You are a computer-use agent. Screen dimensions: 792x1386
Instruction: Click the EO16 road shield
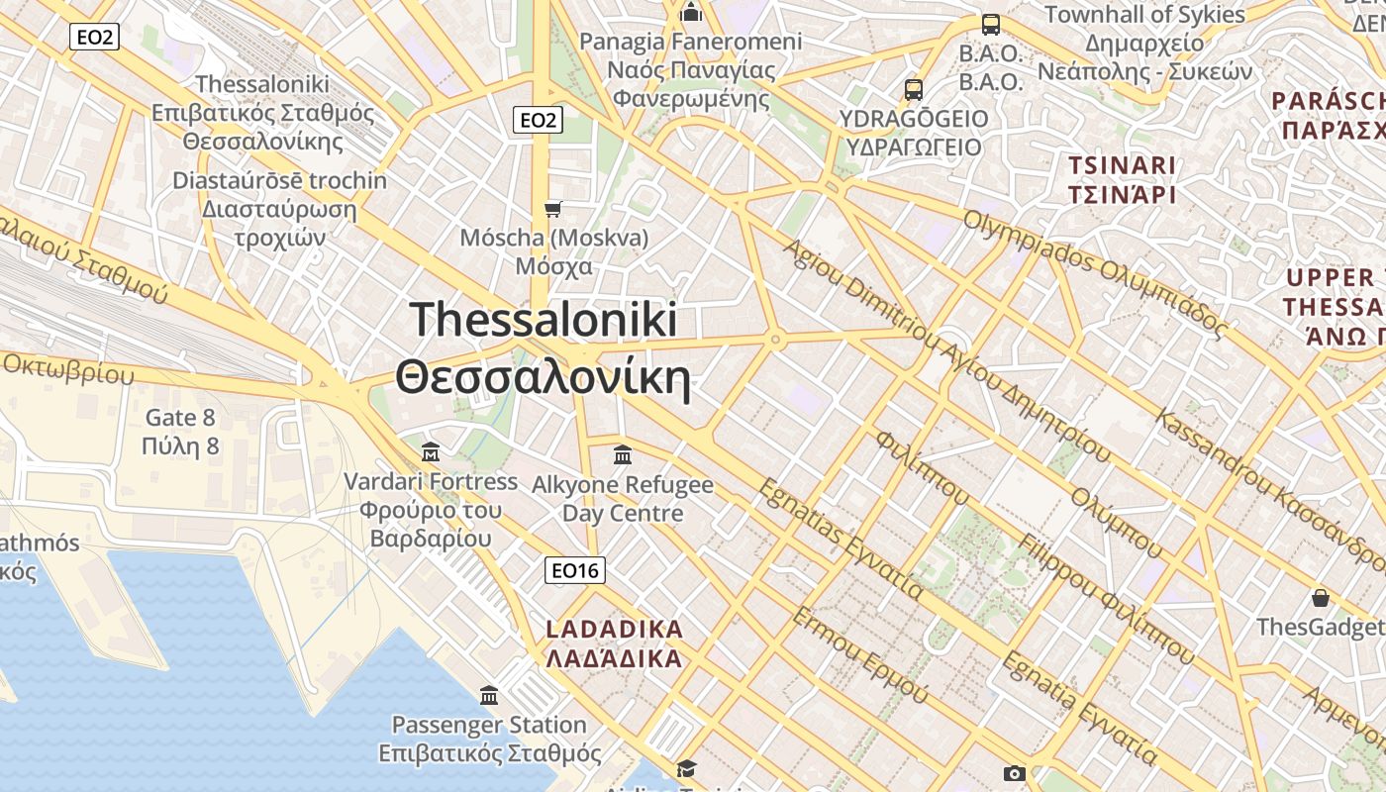[575, 570]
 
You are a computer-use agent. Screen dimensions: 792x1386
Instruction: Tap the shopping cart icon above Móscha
[553, 209]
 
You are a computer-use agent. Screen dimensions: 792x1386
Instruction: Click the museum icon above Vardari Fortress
[431, 452]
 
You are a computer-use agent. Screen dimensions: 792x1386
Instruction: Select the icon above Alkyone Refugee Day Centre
[623, 454]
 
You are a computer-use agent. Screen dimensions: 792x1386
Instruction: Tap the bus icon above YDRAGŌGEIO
[913, 90]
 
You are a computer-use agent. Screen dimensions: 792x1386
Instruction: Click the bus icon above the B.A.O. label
[990, 25]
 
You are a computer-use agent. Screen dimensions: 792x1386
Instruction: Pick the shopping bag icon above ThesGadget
[1321, 598]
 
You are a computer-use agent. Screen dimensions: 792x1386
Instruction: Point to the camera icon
[1014, 773]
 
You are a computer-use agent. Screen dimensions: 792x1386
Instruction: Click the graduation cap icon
[686, 768]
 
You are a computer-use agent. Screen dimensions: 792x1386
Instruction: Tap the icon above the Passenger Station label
[489, 695]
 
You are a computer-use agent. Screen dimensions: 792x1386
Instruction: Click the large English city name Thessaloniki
[544, 321]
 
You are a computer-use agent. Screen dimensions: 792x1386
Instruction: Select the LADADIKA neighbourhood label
[614, 630]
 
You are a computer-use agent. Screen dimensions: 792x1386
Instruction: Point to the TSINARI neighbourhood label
[1122, 165]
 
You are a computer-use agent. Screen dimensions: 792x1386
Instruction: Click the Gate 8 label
[180, 418]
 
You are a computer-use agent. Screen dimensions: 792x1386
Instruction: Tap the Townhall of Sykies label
[1144, 15]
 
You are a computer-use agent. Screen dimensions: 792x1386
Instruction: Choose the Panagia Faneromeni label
[690, 42]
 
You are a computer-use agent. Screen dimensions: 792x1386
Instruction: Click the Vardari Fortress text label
[431, 482]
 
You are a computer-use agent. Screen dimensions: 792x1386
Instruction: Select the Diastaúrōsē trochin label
[279, 181]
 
